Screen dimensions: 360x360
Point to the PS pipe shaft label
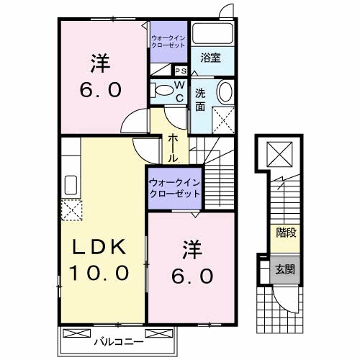181,71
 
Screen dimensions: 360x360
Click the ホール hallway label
174,147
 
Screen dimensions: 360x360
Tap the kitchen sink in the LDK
72,184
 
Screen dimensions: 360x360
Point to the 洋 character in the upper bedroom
100,63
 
